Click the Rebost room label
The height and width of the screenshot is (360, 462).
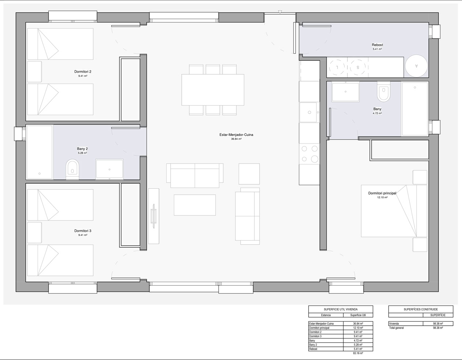pos(377,45)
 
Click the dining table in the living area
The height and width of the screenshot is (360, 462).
pos(213,89)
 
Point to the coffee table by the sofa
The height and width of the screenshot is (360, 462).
pos(195,205)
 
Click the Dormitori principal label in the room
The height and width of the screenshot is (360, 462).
pos(382,193)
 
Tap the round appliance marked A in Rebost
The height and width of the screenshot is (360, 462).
pos(416,66)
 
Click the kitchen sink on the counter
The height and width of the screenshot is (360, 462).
pos(309,112)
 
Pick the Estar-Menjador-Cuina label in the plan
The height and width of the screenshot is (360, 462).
pos(236,135)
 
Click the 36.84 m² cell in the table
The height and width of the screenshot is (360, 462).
pos(357,323)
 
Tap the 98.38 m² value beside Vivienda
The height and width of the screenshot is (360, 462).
pos(438,323)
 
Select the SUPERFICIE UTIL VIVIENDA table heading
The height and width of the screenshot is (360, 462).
pos(341,309)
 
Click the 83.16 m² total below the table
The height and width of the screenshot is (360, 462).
pos(357,353)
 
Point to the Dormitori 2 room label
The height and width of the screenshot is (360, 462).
pos(83,72)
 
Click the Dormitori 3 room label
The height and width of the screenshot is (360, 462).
pos(83,231)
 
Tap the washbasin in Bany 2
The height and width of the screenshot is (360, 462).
pos(109,169)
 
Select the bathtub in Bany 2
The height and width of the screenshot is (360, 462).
pos(39,152)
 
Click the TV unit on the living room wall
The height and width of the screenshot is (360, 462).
pos(154,216)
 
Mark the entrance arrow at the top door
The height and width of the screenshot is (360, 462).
pos(280,12)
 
